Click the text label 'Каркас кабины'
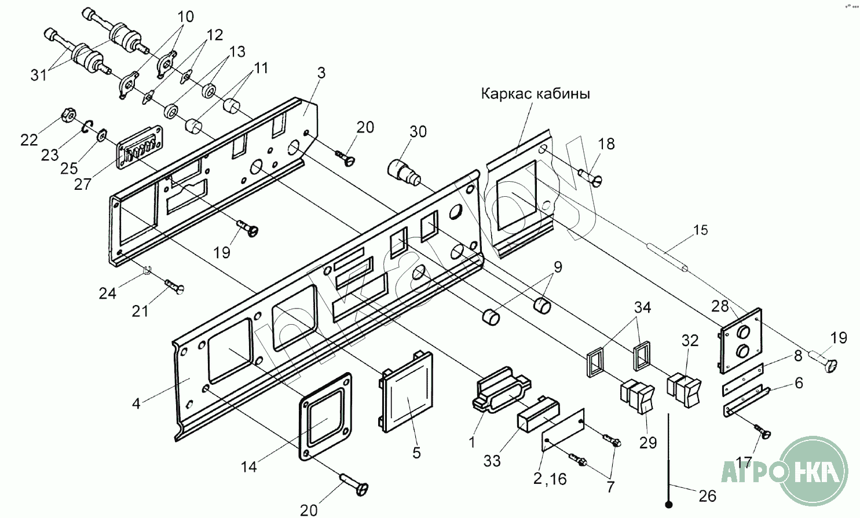coord(535,94)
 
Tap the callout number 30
coord(418,131)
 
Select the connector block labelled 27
coord(140,148)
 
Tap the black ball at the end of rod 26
coord(668,505)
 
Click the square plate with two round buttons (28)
coord(741,340)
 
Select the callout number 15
coord(700,230)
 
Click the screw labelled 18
coord(591,178)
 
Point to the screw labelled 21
coord(174,286)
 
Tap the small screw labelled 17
coord(762,431)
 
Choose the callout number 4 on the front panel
coord(136,404)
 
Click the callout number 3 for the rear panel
coord(321,72)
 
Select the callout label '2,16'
coord(550,479)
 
